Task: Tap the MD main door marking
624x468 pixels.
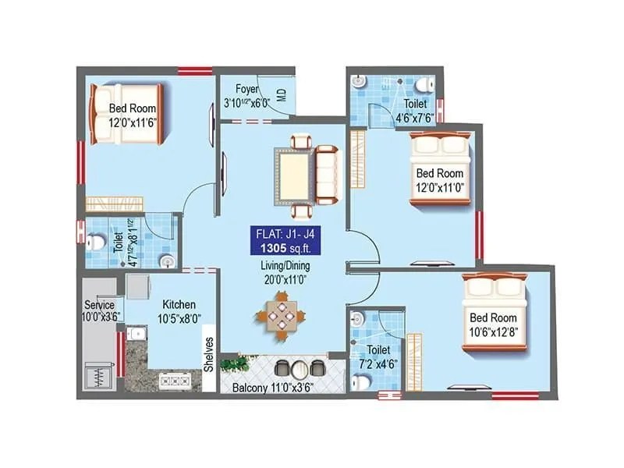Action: [x=282, y=97]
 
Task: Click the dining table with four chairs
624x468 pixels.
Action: [x=279, y=317]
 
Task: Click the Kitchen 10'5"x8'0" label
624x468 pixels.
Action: [x=179, y=310]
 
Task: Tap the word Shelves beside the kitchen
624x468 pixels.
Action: [x=209, y=353]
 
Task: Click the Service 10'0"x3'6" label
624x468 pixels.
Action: [x=100, y=310]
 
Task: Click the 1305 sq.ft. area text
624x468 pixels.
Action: [x=282, y=250]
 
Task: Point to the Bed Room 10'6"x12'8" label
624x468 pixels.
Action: [x=493, y=324]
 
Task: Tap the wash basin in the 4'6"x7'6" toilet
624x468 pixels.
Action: [x=359, y=80]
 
